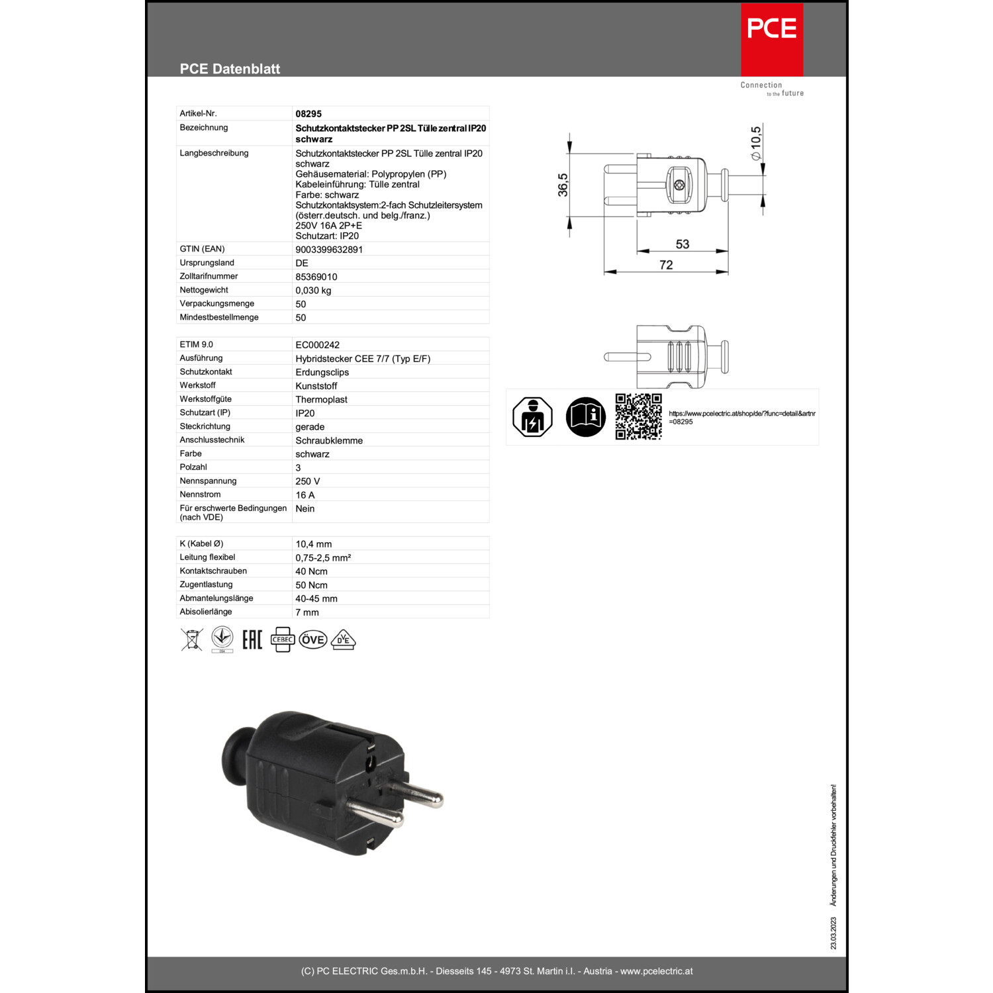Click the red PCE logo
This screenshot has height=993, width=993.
tap(771, 40)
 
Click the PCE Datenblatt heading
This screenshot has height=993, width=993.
tap(230, 69)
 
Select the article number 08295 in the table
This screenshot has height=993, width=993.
tap(308, 114)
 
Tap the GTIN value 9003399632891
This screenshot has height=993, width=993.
tap(329, 250)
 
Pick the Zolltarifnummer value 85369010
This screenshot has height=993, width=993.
tap(316, 277)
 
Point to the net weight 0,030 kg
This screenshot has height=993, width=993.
tap(313, 291)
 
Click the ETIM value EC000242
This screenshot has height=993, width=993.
tap(318, 345)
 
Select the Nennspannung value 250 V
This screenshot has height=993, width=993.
tap(308, 481)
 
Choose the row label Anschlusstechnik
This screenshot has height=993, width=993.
tap(212, 440)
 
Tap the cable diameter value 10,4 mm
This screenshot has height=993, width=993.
tap(314, 544)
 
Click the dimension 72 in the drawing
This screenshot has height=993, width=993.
tap(666, 265)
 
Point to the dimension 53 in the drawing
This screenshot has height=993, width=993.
tap(683, 244)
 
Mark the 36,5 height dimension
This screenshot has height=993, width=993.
tap(563, 185)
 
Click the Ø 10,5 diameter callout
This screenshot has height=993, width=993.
tap(755, 143)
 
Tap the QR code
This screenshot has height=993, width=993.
tap(638, 416)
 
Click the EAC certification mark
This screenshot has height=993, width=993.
tap(252, 639)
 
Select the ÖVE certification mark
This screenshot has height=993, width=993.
tap(313, 640)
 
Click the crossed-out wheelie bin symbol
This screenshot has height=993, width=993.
tap(192, 639)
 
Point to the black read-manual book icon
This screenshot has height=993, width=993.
tap(586, 417)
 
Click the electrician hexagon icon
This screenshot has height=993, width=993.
tap(533, 417)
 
